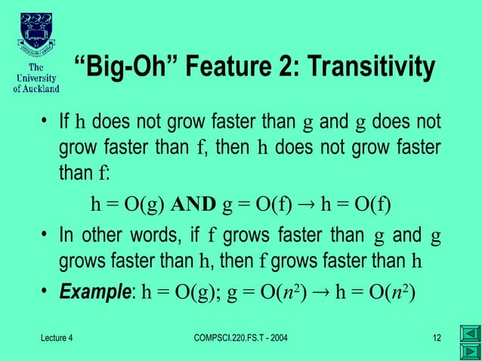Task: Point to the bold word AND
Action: pyautogui.click(x=193, y=204)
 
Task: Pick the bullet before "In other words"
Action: pyautogui.click(x=46, y=234)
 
